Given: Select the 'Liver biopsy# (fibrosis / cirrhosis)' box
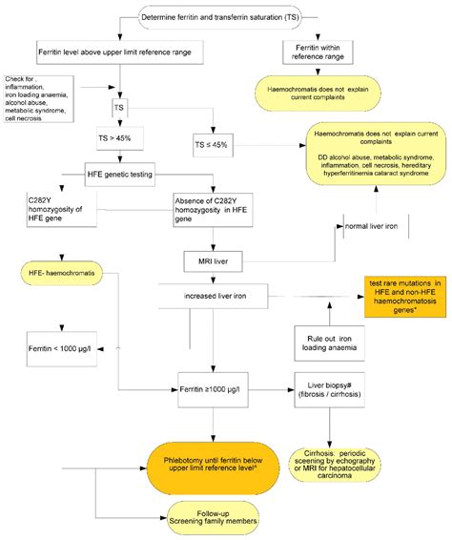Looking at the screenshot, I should pos(330,391).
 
